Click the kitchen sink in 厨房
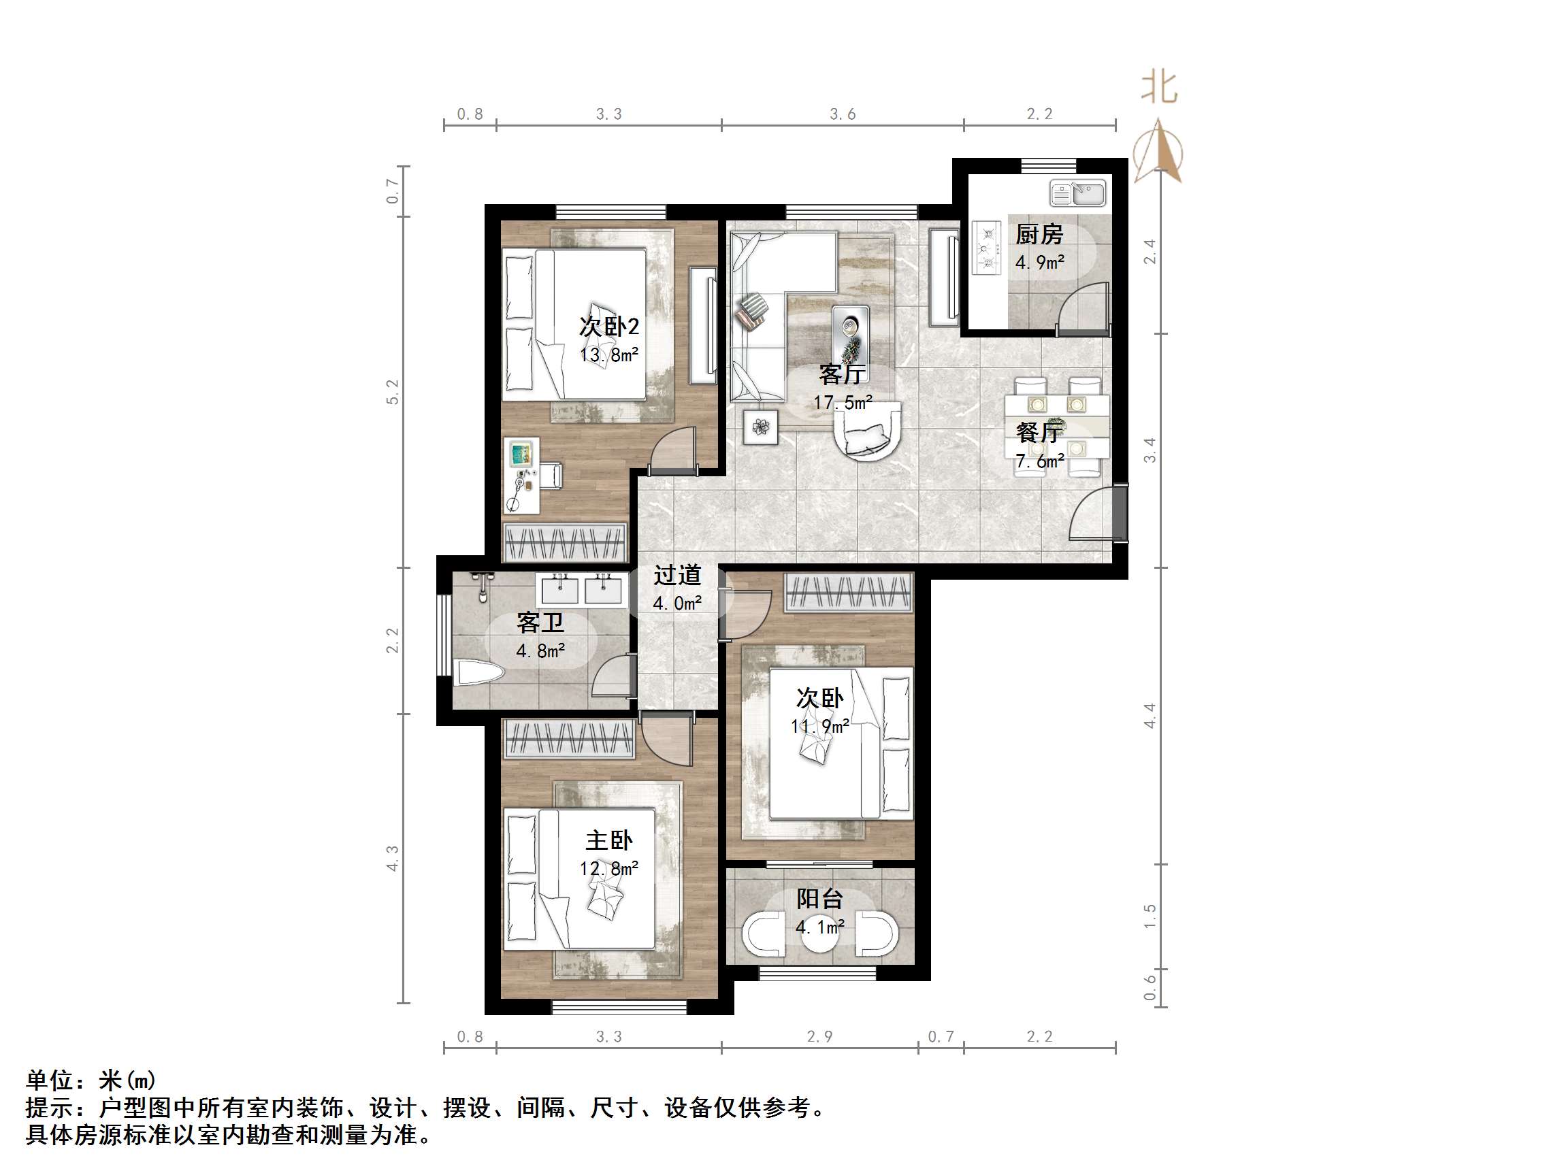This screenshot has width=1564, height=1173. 1077,194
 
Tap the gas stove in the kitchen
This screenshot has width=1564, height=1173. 985,248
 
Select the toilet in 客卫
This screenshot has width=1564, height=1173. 478,672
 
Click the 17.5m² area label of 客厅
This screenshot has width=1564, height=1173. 842,403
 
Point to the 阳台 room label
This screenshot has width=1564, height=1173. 819,899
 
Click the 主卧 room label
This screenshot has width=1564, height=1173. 608,841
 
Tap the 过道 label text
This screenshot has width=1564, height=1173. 677,576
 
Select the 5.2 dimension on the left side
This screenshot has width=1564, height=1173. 393,392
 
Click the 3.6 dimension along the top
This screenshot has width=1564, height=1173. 842,114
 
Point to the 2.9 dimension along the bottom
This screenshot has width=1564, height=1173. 819,1036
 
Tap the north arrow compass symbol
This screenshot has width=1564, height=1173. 1158,151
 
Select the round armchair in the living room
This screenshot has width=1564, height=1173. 867,431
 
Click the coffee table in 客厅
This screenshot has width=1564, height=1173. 850,332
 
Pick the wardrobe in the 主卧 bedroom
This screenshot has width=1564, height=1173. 568,739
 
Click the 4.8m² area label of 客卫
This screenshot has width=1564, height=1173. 540,650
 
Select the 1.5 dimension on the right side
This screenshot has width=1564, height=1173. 1150,916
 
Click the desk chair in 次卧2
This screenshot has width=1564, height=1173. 549,476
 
